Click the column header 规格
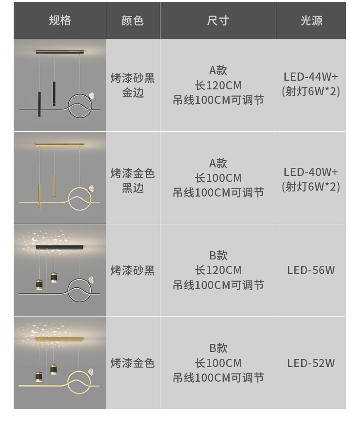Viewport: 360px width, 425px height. point(60,21)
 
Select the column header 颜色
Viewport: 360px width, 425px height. point(133,21)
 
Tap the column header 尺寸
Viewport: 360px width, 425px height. point(218,21)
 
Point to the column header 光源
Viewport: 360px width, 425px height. point(311,21)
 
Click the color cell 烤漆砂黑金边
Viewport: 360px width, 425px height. point(133,85)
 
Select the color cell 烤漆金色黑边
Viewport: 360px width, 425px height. point(133,180)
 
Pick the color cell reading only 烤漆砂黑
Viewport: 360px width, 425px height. point(133,270)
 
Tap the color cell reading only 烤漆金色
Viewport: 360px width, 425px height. point(133,363)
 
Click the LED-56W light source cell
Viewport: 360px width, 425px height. point(311,270)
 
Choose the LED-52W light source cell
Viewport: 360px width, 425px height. point(311,363)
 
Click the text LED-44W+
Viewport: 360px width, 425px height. point(311,77)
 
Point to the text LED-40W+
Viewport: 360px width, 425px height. point(311,172)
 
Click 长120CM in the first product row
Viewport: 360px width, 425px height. point(218,85)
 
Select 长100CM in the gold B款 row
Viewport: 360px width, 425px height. point(218,363)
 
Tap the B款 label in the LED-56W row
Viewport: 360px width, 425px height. point(218,255)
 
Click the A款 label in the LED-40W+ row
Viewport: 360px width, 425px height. point(218,163)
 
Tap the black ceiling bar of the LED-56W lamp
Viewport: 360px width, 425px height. point(60,248)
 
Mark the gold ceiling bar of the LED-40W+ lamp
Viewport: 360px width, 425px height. point(60,145)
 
